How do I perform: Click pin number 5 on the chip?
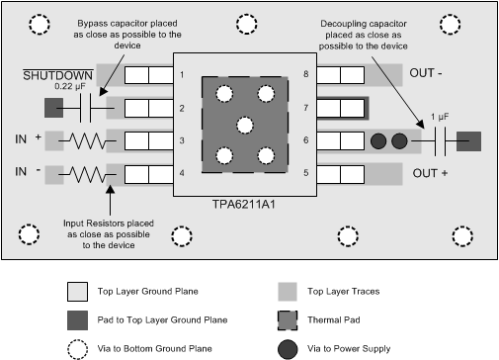(307, 174)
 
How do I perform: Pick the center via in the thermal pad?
(245, 125)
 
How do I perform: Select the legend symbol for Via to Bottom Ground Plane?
(77, 347)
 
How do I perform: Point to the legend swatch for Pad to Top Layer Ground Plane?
(77, 320)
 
